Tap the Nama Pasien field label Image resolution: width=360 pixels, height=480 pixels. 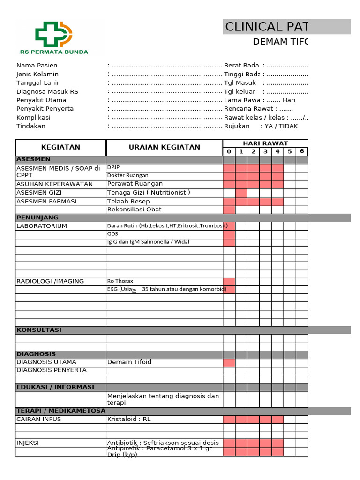pos(37,65)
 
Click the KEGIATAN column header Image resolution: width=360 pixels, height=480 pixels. pos(61,147)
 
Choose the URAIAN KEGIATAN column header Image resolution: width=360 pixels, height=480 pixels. pos(164,147)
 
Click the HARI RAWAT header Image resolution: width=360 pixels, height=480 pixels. pos(265,143)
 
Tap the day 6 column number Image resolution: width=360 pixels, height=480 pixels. pos(302,151)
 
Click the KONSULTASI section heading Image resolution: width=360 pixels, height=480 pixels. pos(39,330)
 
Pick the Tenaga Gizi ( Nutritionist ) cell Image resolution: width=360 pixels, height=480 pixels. pos(149,193)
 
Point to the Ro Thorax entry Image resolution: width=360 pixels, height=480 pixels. pos(117,281)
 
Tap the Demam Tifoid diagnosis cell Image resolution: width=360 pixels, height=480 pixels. pos(129,362)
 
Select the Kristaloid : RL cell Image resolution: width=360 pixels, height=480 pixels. pos(129,419)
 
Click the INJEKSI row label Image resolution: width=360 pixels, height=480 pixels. pos(28,442)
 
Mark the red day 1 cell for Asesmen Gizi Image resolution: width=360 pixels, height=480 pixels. pos(241,193)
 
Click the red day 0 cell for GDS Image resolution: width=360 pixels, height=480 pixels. pos(229,234)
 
